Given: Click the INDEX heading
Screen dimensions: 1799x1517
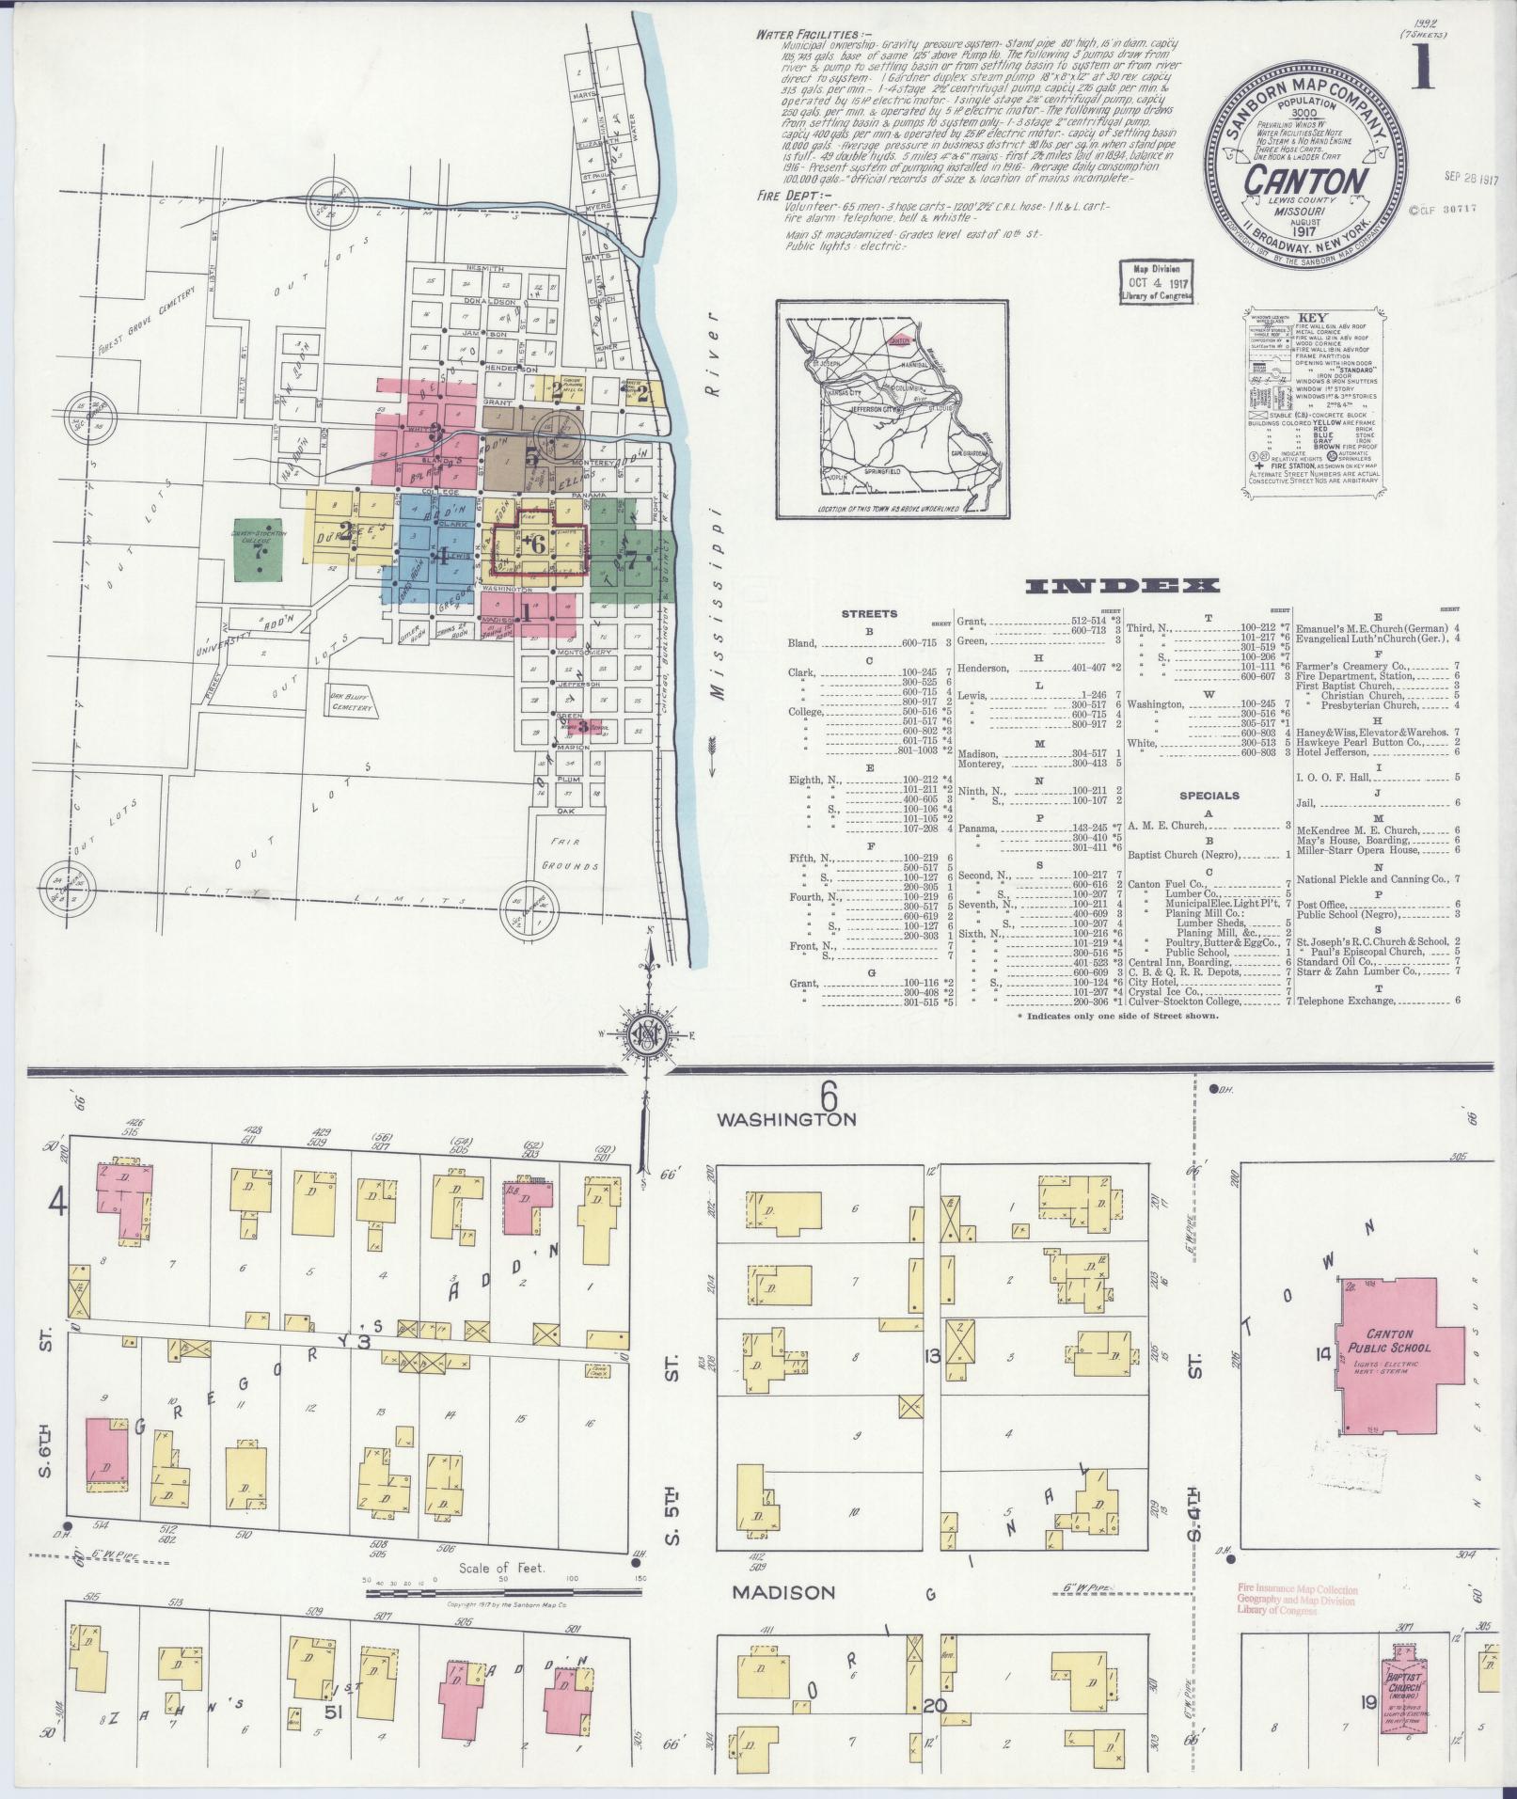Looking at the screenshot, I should (1123, 586).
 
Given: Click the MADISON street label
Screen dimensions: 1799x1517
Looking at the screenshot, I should (783, 1592).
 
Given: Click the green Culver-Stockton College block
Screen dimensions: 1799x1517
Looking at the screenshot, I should (261, 548).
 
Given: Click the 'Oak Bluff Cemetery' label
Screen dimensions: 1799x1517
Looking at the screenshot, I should (347, 702).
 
